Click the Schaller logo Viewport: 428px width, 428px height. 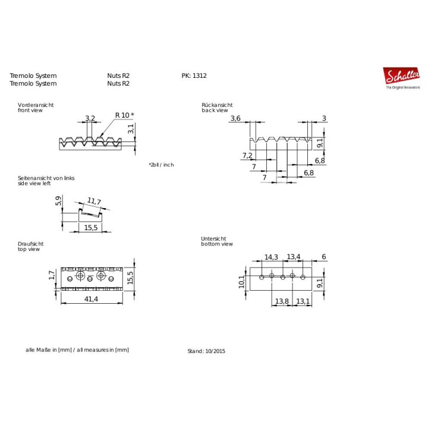(402, 78)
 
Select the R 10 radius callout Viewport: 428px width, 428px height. (124, 115)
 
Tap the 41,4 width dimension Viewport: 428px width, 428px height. (91, 299)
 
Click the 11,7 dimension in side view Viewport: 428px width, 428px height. (94, 201)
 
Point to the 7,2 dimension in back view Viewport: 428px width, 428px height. (247, 156)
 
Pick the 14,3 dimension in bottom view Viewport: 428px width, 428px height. (271, 257)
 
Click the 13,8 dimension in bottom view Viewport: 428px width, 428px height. (282, 301)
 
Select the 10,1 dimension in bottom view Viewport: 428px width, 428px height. (242, 282)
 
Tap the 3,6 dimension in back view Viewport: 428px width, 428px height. (235, 118)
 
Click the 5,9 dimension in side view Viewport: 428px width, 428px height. (58, 201)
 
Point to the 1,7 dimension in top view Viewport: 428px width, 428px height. (52, 275)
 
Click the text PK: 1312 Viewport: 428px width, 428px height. (194, 75)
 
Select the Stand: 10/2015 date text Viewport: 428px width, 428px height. (206, 351)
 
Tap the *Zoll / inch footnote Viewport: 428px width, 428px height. (161, 165)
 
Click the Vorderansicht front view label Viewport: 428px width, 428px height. (36, 108)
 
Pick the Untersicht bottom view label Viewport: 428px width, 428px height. (217, 241)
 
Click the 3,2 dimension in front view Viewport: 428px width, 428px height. (90, 118)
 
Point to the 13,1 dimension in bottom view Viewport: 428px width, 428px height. (303, 301)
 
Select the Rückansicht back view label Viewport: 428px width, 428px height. (218, 108)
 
